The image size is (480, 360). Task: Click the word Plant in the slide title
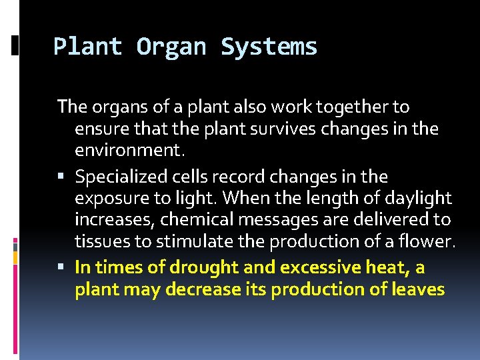tap(87, 47)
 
